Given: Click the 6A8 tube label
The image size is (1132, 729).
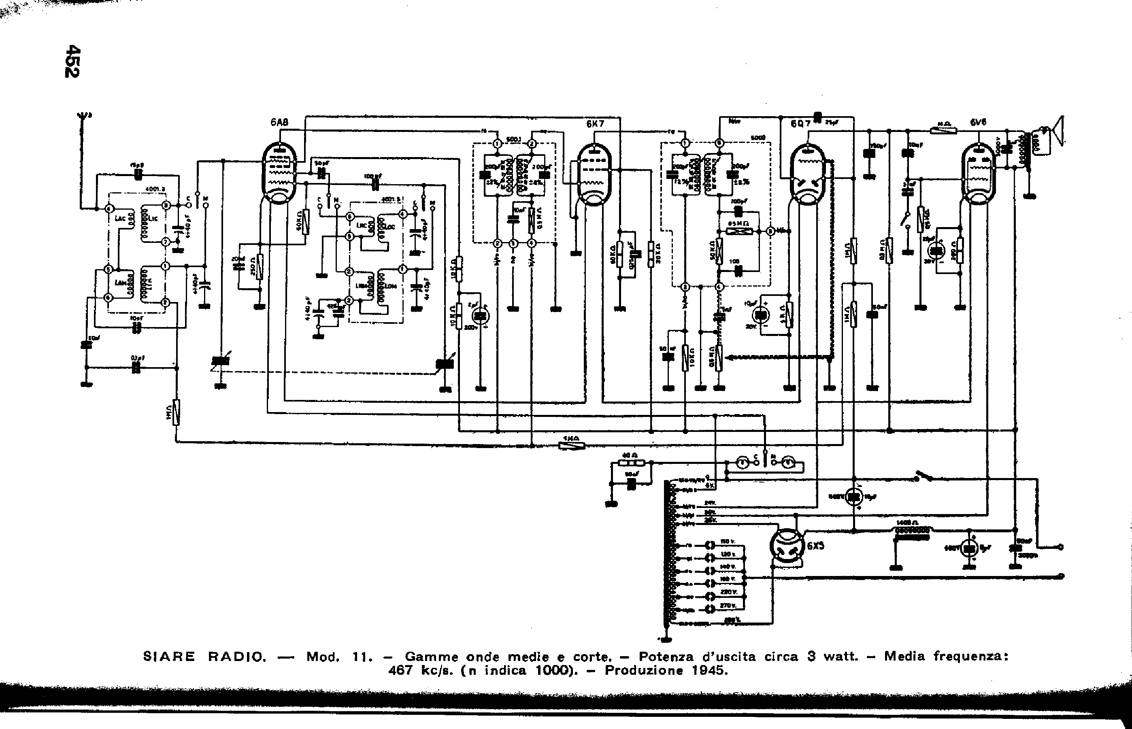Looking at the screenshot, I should coord(279,123).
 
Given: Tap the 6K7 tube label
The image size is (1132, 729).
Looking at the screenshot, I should coord(595,123).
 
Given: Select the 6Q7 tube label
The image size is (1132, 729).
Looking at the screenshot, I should coord(800,124).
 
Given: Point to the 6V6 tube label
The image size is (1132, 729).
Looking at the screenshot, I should coord(978,122).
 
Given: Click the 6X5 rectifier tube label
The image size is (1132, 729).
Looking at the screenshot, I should coord(815,546).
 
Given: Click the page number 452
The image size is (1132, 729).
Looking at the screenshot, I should coord(73,61).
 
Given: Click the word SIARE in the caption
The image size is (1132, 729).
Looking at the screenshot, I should coord(168,657).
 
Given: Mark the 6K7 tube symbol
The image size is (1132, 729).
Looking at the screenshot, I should coord(595,175).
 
